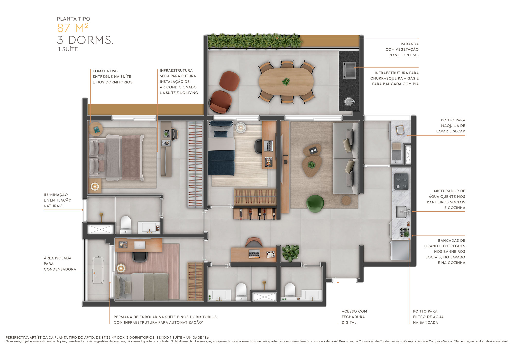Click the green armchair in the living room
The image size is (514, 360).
[x=315, y=203]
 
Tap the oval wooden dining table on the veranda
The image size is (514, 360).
[x=286, y=82]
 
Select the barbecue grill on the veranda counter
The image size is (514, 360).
[x=349, y=70]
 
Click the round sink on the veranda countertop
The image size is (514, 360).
[x=349, y=101]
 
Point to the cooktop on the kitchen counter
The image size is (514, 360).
[x=401, y=182]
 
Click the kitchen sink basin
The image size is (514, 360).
[x=401, y=212]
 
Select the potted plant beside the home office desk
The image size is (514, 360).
[x=290, y=253]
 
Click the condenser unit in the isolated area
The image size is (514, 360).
[x=98, y=270]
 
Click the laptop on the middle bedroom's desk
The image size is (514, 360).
[x=269, y=146]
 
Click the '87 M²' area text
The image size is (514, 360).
[x=73, y=28]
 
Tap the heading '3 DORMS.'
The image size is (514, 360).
[x=85, y=40]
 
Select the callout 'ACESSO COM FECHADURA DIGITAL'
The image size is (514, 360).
[x=354, y=317]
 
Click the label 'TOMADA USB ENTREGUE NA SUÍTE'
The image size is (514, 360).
[x=112, y=77]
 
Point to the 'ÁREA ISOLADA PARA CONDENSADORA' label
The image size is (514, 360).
[x=60, y=264]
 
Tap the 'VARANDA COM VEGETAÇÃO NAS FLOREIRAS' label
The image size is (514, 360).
[x=402, y=49]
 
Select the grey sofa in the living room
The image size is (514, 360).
[x=345, y=158]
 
